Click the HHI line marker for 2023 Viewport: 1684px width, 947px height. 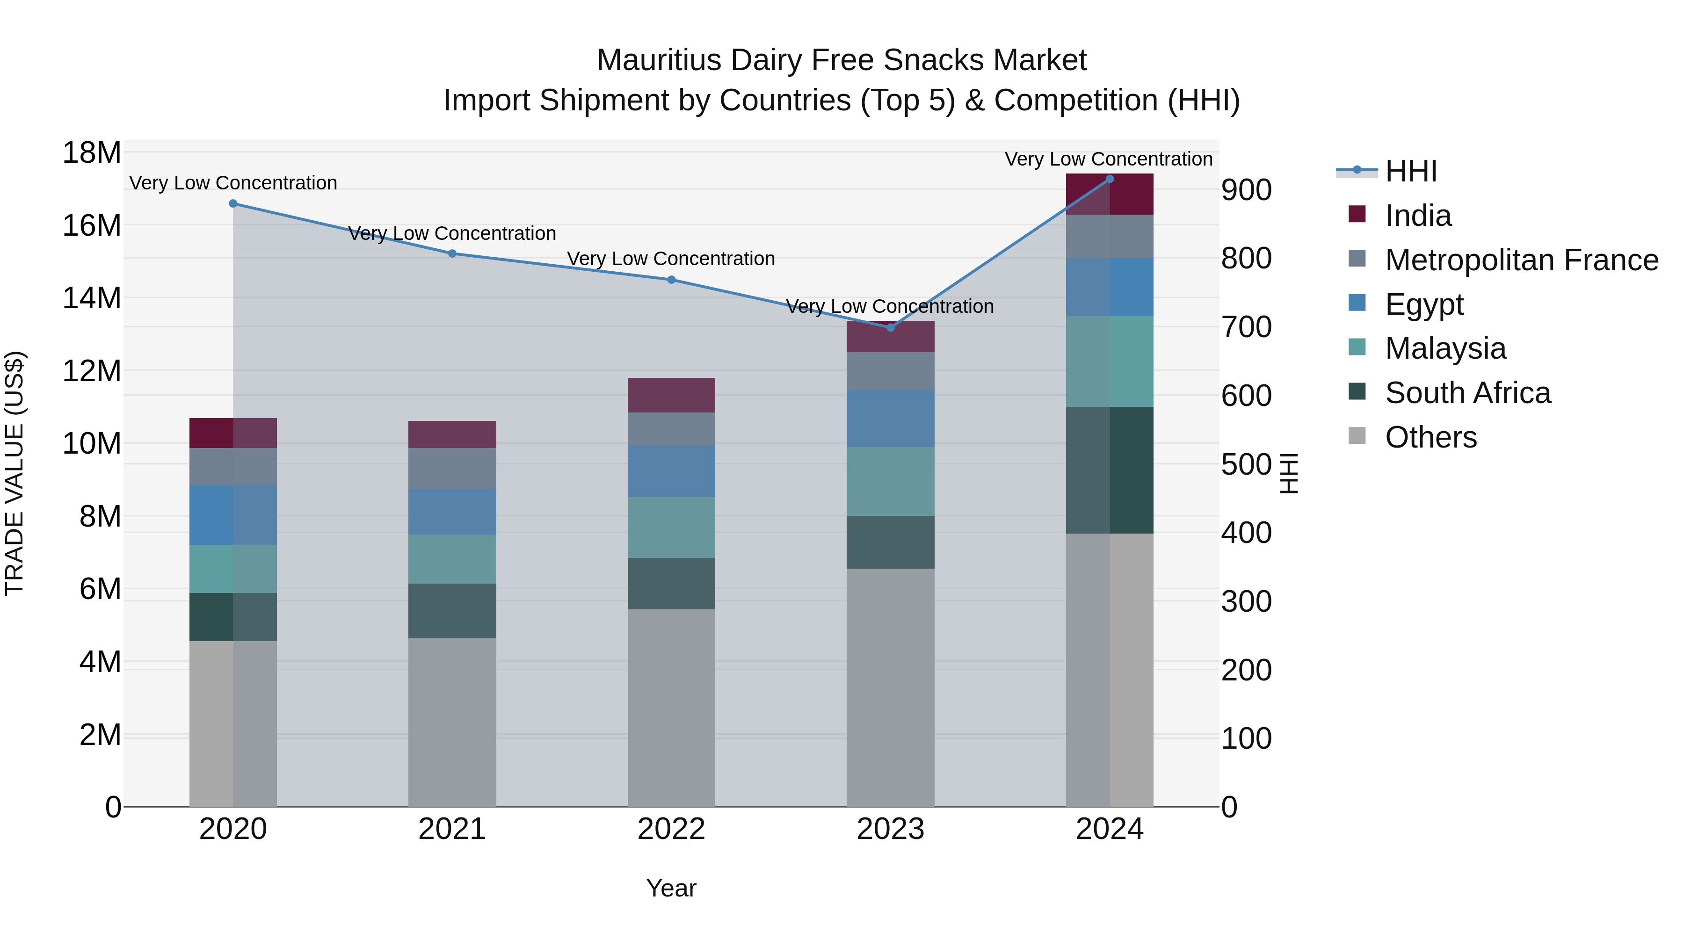point(890,327)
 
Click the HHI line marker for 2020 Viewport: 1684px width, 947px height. point(233,204)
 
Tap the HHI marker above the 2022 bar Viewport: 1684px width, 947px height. point(671,280)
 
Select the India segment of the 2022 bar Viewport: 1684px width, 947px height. point(671,395)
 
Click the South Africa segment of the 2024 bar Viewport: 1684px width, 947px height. point(1110,470)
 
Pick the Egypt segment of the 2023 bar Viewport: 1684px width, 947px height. point(890,418)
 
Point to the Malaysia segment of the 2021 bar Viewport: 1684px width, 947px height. point(452,559)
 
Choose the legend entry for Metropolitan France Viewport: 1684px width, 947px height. point(1521,260)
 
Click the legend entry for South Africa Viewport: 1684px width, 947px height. point(1467,393)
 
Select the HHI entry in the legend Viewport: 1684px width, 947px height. point(1411,171)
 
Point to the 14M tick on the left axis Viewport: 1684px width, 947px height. point(92,298)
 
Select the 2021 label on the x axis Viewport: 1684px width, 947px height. point(452,829)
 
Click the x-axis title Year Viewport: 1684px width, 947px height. point(671,888)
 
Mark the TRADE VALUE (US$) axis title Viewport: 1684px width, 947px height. point(15,473)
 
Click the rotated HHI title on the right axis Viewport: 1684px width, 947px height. point(1288,473)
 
